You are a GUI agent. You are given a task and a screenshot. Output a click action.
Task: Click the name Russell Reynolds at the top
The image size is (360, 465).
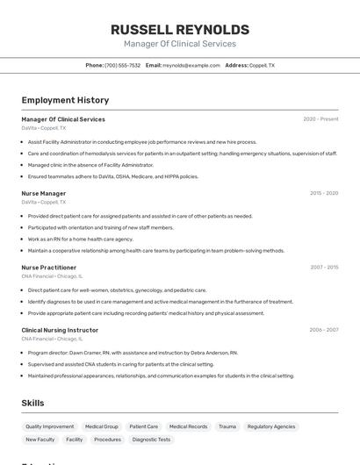tap(180, 30)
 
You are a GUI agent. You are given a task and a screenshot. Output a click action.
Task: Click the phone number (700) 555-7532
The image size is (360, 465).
tap(122, 66)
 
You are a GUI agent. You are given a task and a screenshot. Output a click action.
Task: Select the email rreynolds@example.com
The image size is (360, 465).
tap(191, 66)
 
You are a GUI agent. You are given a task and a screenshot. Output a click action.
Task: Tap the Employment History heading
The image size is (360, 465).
tap(65, 101)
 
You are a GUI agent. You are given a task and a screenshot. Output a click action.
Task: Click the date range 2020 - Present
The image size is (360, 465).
tap(320, 119)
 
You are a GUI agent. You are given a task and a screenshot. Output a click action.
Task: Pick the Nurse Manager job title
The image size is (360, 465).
tap(44, 193)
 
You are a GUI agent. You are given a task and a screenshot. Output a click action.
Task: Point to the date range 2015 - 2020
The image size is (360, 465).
tap(323, 193)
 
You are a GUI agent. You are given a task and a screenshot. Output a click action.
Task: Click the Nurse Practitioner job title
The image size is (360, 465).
tap(49, 268)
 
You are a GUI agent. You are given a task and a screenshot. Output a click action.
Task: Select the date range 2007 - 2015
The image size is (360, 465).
tap(323, 268)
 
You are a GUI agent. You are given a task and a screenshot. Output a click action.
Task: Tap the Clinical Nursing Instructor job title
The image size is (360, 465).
tap(60, 330)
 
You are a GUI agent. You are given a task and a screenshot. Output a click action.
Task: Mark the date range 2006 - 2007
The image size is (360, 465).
tap(323, 330)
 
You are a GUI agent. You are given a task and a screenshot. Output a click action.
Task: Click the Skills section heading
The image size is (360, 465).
tap(33, 403)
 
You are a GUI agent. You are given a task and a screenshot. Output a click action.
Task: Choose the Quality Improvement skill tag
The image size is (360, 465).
tap(49, 426)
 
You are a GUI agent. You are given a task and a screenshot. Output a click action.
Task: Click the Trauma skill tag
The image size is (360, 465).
tap(227, 426)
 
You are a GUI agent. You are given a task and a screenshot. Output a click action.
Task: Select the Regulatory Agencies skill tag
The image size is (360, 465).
tap(271, 426)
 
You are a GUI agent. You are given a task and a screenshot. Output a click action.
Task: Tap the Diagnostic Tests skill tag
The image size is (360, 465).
tap(151, 440)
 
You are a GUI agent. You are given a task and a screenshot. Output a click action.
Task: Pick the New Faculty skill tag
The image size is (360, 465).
tap(40, 440)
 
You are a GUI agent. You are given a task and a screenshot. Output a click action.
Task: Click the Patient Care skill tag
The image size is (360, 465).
tap(144, 426)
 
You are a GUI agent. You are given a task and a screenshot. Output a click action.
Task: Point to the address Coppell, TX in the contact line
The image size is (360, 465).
tap(262, 66)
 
